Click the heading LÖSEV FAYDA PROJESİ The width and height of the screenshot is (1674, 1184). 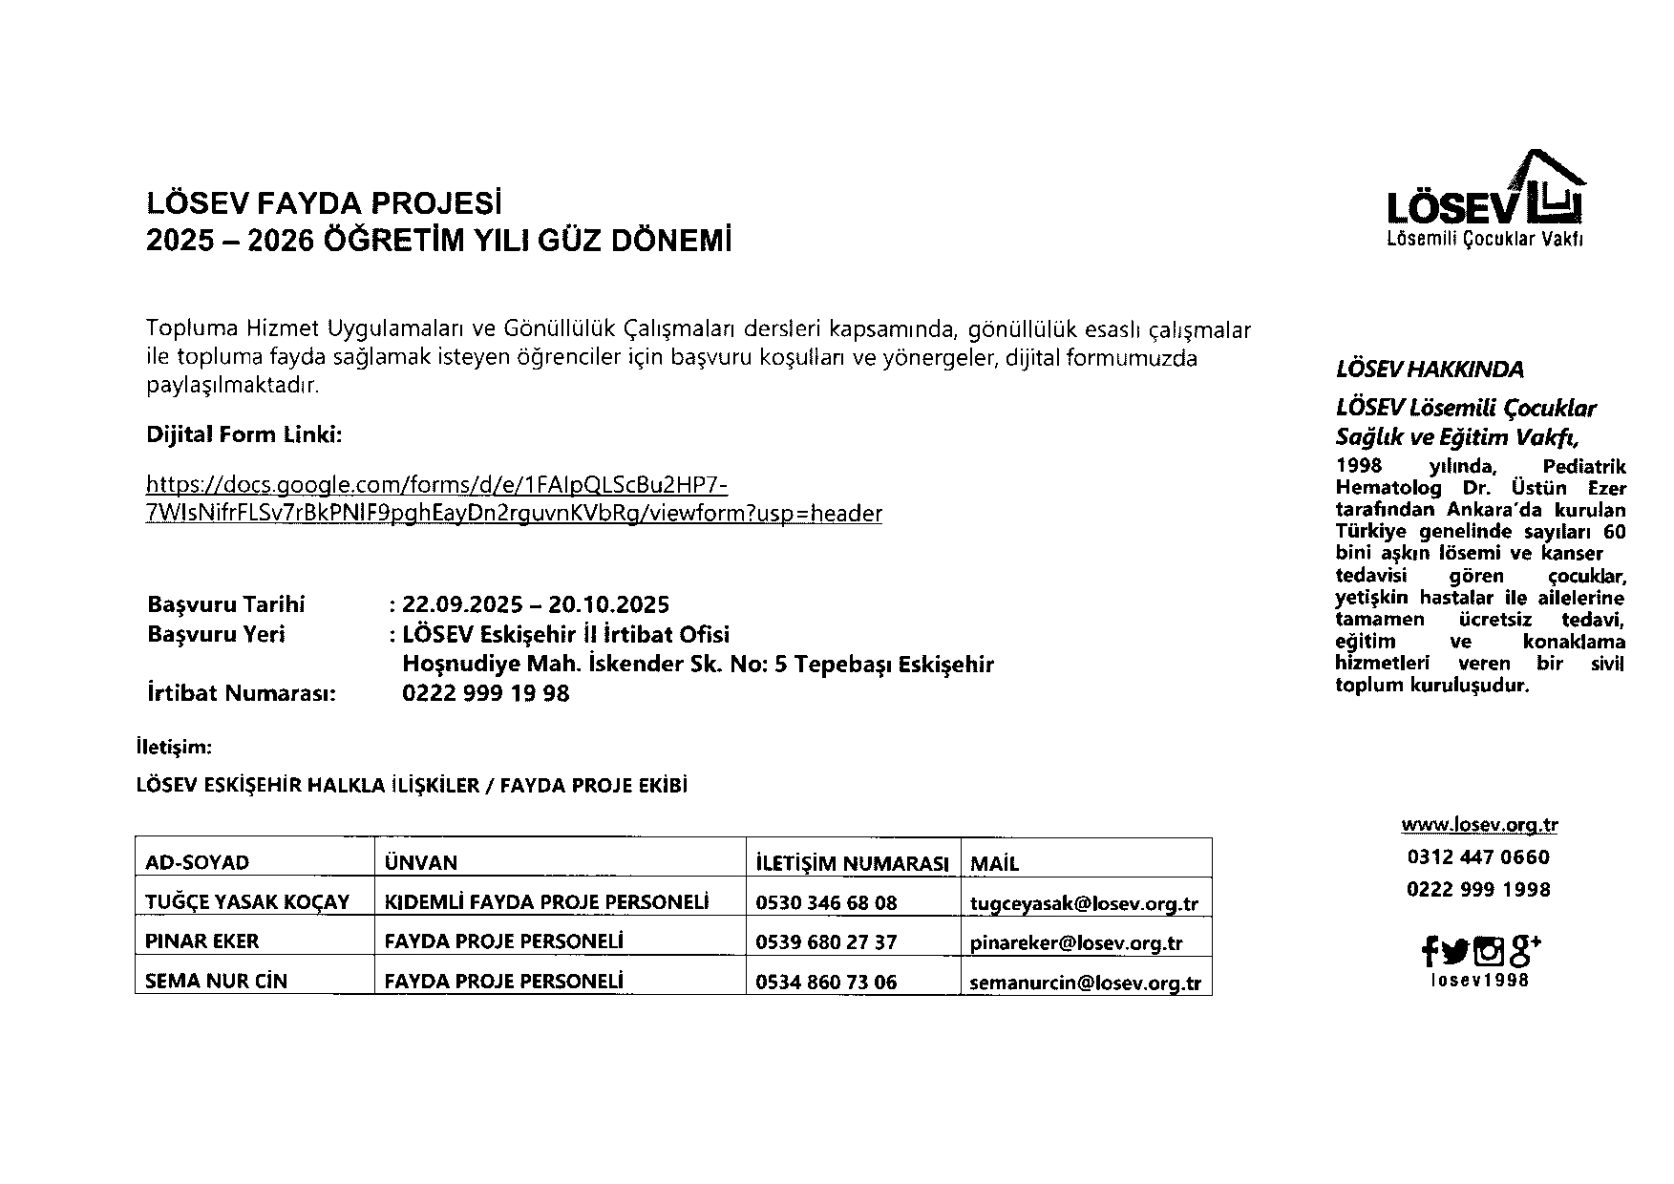(324, 203)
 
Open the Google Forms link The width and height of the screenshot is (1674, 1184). (513, 499)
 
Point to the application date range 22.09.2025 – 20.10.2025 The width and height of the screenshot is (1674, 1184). (536, 604)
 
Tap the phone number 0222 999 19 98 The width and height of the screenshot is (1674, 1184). (485, 693)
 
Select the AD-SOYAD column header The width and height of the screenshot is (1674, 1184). (197, 862)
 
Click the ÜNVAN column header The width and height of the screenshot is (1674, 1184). (420, 862)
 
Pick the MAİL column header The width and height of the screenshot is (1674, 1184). (994, 863)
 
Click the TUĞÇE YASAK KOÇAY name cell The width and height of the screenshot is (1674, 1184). (247, 902)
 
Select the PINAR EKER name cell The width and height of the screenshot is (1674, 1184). (201, 941)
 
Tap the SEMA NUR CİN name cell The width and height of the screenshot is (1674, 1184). (216, 981)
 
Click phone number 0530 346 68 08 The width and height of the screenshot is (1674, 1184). (826, 902)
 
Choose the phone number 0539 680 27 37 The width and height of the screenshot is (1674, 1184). (826, 941)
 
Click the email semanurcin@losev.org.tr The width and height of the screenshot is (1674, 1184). (1085, 982)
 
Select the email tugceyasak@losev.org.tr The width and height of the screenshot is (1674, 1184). (1084, 903)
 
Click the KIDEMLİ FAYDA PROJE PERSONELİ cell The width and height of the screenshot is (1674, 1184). (546, 902)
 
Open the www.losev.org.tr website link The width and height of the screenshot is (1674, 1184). (1479, 825)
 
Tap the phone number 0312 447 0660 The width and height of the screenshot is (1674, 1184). (1478, 856)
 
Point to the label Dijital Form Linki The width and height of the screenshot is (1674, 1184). (244, 435)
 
